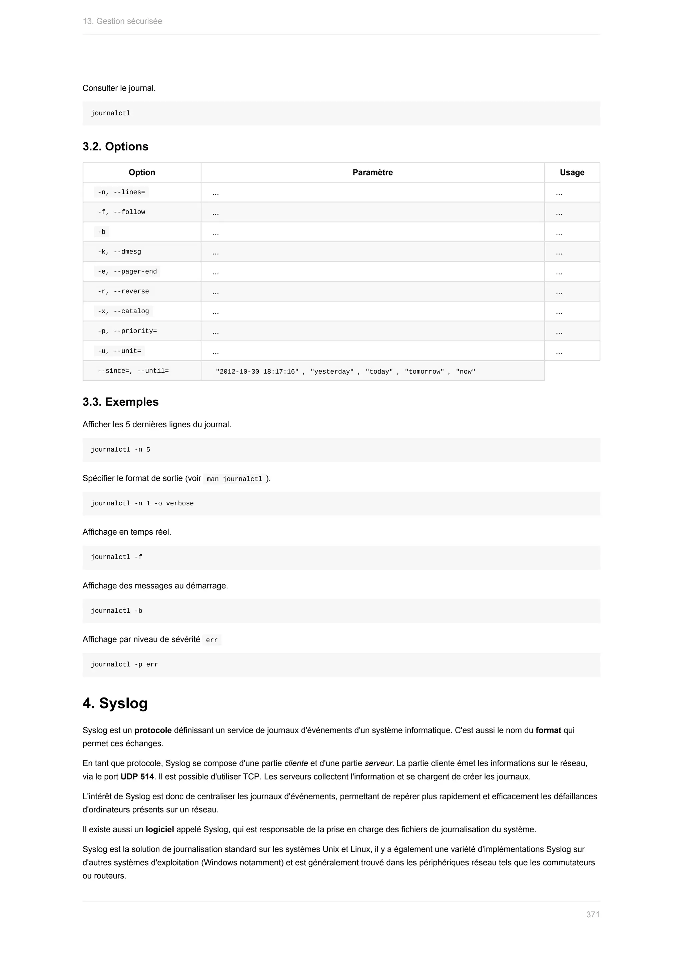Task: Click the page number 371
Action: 593,914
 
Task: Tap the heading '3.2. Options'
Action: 115,146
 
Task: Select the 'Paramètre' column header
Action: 372,172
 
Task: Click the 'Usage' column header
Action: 572,172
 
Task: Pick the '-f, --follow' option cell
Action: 121,212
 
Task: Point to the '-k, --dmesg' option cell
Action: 119,252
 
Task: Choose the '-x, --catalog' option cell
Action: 123,311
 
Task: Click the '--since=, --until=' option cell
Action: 133,371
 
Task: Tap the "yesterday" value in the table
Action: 332,372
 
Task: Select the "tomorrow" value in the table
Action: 424,372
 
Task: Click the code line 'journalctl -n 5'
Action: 120,450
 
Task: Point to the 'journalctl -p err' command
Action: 124,665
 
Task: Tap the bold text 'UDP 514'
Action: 137,777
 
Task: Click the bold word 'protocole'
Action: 153,731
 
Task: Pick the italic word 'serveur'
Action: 378,763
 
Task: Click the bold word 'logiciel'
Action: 159,829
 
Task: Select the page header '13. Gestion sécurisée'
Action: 122,21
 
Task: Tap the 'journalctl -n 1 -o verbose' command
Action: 142,504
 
